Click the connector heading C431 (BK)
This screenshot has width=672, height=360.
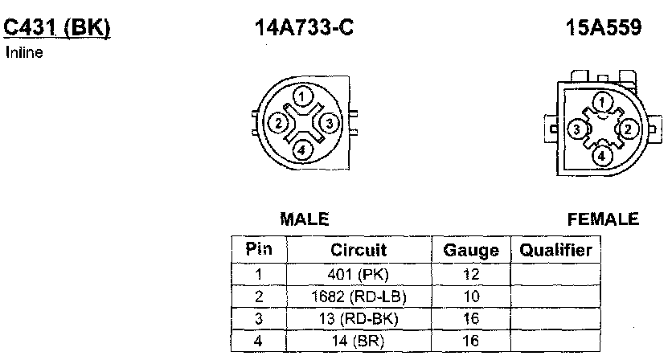[x=57, y=28]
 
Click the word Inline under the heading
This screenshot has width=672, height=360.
[x=24, y=53]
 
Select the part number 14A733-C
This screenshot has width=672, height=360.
[x=305, y=27]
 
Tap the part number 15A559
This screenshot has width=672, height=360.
[x=604, y=27]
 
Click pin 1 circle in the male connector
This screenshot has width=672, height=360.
[x=302, y=97]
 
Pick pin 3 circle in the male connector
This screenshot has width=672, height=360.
[x=329, y=124]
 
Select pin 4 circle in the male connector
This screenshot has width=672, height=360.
[x=301, y=150]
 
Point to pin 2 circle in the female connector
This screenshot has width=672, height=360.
[x=629, y=129]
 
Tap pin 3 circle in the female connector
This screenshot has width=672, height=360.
[x=577, y=129]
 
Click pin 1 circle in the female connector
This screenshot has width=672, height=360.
[x=602, y=102]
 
